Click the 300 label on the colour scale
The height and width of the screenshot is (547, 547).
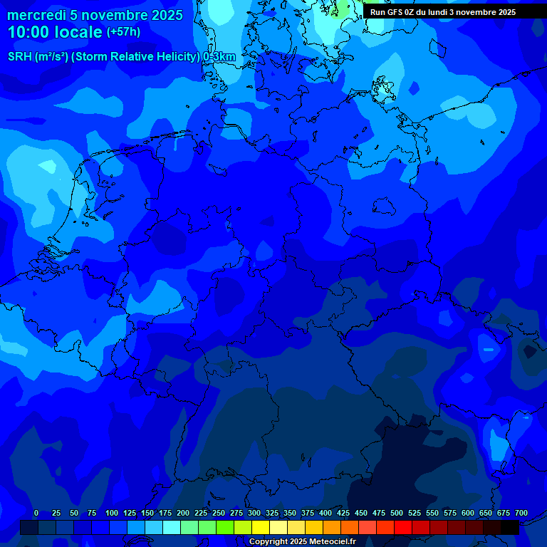(254, 513)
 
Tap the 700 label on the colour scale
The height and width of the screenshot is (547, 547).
(521, 513)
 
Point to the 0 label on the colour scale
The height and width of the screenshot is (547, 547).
(36, 513)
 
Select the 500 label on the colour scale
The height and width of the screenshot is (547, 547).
(397, 513)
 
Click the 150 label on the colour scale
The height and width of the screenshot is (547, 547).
(147, 513)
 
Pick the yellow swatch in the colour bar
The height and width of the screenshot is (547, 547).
(261, 527)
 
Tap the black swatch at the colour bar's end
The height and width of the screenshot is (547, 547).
(510, 527)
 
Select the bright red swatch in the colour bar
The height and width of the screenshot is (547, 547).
(403, 527)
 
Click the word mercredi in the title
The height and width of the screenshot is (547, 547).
(38, 15)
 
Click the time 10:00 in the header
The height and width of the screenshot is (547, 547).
(28, 32)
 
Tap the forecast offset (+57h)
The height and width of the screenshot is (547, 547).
(123, 32)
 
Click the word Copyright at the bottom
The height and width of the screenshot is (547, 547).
(268, 541)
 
